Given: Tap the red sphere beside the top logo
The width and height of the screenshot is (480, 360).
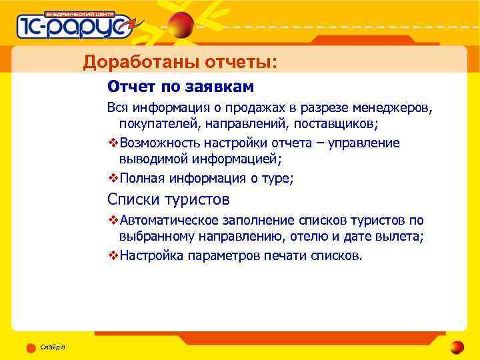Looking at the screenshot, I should (x=181, y=26).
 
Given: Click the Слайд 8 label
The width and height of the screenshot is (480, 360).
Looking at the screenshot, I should (x=53, y=347).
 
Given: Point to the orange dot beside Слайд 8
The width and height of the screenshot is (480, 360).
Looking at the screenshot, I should (x=31, y=347).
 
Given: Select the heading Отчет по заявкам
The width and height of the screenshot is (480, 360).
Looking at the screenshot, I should (x=181, y=87).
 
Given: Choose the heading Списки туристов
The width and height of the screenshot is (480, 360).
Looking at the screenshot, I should (x=169, y=199).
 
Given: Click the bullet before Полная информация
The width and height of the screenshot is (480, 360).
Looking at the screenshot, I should (x=113, y=178).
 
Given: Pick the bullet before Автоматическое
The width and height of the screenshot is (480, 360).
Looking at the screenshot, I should (x=113, y=221).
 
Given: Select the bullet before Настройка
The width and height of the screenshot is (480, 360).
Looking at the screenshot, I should (x=113, y=255).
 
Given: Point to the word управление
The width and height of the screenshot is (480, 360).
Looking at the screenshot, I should (x=363, y=143).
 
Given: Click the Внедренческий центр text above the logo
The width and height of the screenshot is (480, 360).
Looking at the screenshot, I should (x=80, y=13).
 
